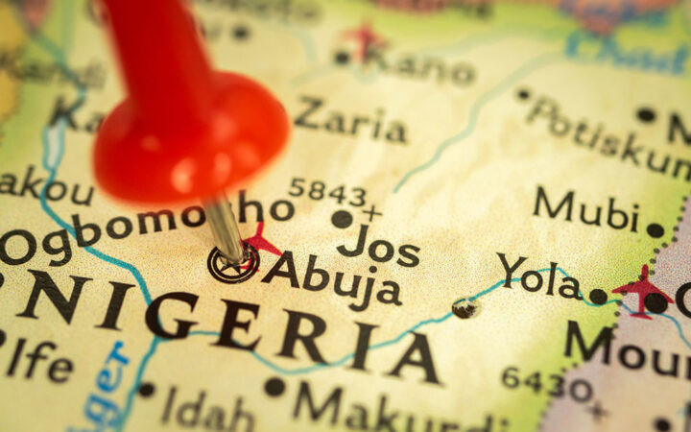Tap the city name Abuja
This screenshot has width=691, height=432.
point(332,278)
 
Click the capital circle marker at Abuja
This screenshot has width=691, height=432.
point(233,264)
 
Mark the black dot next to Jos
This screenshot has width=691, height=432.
point(342,219)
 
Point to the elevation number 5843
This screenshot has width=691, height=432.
point(327,191)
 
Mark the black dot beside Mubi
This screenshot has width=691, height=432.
point(655,230)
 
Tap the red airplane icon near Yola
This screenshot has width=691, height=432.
point(641,289)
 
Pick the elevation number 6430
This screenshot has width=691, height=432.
point(547,383)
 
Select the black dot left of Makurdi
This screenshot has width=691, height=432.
point(275,387)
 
